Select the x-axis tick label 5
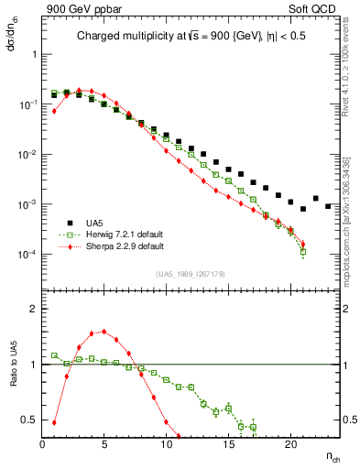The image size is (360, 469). tap(104, 444)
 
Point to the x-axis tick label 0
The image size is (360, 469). tap(42, 444)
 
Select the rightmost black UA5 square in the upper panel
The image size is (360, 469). tap(328, 206)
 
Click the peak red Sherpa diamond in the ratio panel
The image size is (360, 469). tap(104, 332)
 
